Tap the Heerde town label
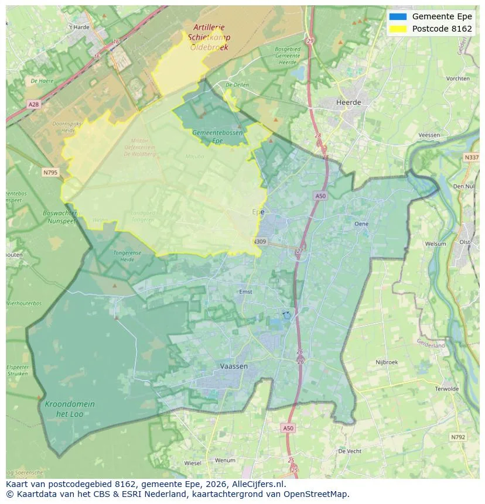(x=349, y=102)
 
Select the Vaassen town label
(x=234, y=366)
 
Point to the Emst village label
(x=245, y=292)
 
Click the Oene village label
(x=361, y=224)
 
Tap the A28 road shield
(x=33, y=104)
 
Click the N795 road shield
(x=50, y=172)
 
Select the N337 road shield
(x=471, y=157)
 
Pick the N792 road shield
(x=457, y=437)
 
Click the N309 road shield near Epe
(x=260, y=241)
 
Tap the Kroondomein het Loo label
(x=70, y=409)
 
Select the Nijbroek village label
(x=387, y=362)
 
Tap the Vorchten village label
(x=457, y=78)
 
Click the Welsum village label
(x=435, y=244)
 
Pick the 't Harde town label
(x=78, y=27)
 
